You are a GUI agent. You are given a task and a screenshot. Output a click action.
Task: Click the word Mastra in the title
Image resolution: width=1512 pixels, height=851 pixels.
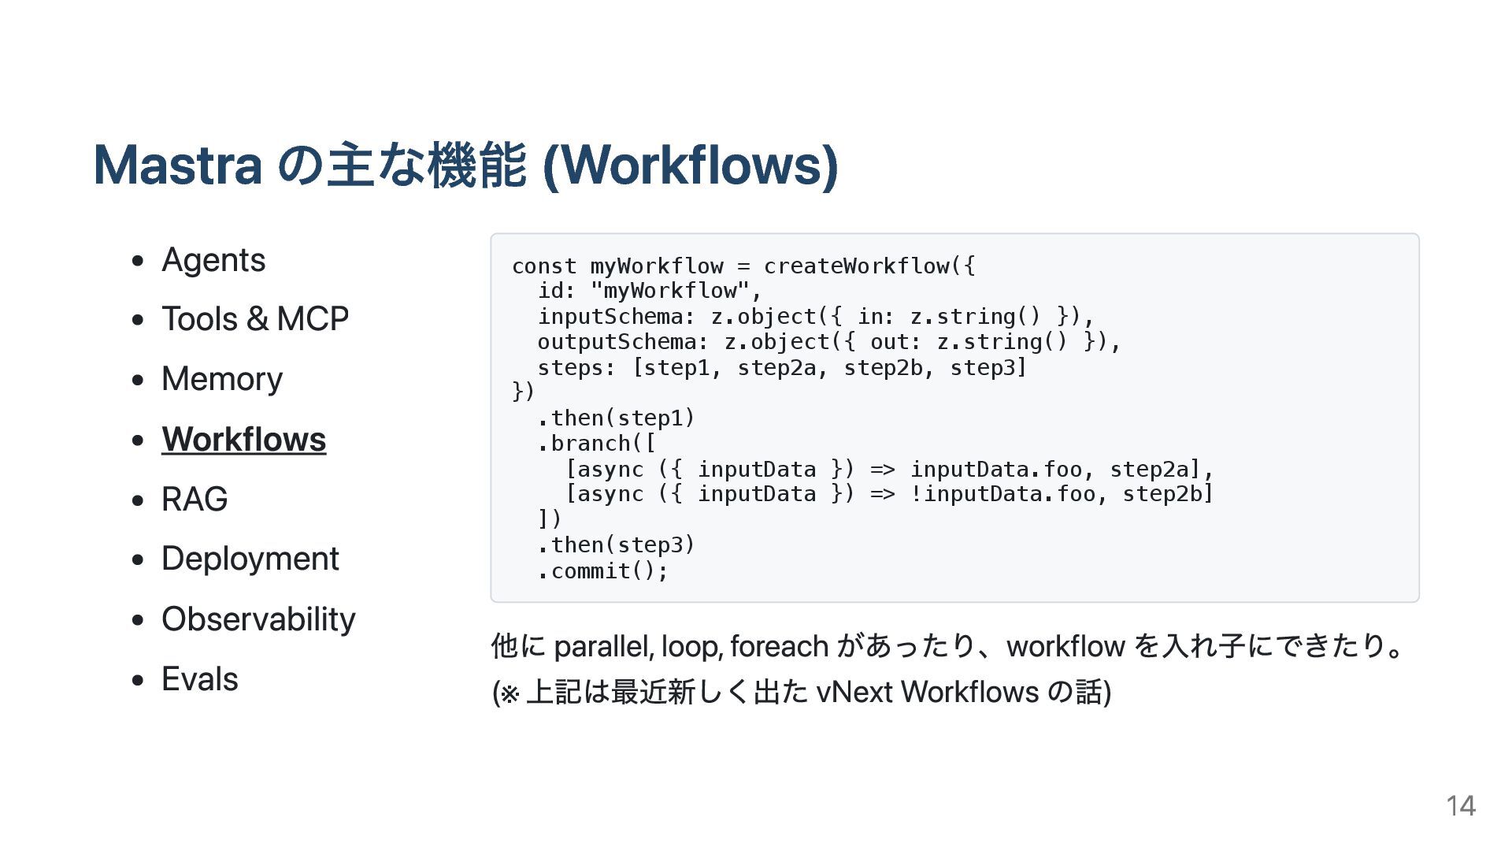pyautogui.click(x=178, y=165)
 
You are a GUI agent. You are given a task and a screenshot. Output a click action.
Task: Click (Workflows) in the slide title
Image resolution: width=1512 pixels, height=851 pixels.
pyautogui.click(x=691, y=165)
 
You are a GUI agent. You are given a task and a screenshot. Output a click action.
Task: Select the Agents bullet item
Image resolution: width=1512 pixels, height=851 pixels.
pyautogui.click(x=213, y=260)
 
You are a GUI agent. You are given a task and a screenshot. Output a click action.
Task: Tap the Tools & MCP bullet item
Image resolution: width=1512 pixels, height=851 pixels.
pyautogui.click(x=255, y=319)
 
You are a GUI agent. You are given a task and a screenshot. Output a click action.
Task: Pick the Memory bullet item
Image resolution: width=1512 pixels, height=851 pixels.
pyautogui.click(x=222, y=379)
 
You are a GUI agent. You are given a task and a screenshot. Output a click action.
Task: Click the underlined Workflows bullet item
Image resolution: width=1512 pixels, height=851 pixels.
pyautogui.click(x=243, y=440)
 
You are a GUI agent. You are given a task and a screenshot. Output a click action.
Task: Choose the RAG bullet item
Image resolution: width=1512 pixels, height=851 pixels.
pyautogui.click(x=195, y=500)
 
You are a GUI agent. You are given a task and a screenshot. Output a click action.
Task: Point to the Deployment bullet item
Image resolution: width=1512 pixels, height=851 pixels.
pyautogui.click(x=250, y=559)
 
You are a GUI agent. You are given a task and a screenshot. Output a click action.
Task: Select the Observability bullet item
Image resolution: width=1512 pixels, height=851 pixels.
pyautogui.click(x=258, y=619)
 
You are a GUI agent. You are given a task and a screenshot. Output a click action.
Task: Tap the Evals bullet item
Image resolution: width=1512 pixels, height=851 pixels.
pyautogui.click(x=200, y=679)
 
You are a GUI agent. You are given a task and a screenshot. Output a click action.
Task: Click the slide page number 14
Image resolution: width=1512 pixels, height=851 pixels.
pyautogui.click(x=1460, y=805)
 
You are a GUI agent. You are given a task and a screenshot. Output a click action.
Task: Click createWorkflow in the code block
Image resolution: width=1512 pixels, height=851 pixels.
pyautogui.click(x=856, y=266)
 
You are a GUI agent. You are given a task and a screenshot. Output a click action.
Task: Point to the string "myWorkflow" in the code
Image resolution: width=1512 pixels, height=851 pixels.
pyautogui.click(x=670, y=292)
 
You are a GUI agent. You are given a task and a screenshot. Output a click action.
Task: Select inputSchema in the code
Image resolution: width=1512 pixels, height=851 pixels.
pyautogui.click(x=610, y=317)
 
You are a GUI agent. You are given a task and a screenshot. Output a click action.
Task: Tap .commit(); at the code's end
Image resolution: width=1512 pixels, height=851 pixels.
pyautogui.click(x=603, y=571)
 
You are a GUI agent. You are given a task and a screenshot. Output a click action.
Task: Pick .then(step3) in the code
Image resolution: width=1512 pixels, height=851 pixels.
pyautogui.click(x=617, y=545)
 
